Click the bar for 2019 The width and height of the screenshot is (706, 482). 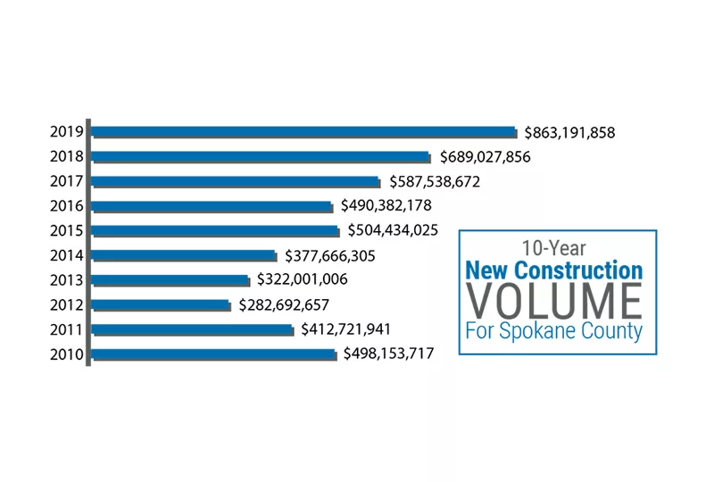[303, 132]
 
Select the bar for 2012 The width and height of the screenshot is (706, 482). [161, 305]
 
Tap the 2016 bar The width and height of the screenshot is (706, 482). [212, 206]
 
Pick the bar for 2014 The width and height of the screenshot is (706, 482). [184, 256]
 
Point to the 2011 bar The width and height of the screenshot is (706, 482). [192, 330]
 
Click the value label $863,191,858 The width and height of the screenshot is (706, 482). [569, 133]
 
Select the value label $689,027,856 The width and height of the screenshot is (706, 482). [485, 157]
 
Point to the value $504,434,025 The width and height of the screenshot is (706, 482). [393, 231]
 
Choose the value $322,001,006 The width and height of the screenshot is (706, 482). [302, 280]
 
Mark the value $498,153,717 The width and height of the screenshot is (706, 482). [388, 354]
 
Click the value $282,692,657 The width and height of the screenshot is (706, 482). [284, 305]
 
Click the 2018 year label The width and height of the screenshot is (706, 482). [67, 157]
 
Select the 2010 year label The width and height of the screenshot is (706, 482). [67, 354]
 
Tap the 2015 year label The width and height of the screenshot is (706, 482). [67, 231]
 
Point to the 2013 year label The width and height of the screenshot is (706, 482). [67, 280]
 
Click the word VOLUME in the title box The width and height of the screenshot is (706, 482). [555, 301]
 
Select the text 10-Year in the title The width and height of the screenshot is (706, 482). [554, 248]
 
